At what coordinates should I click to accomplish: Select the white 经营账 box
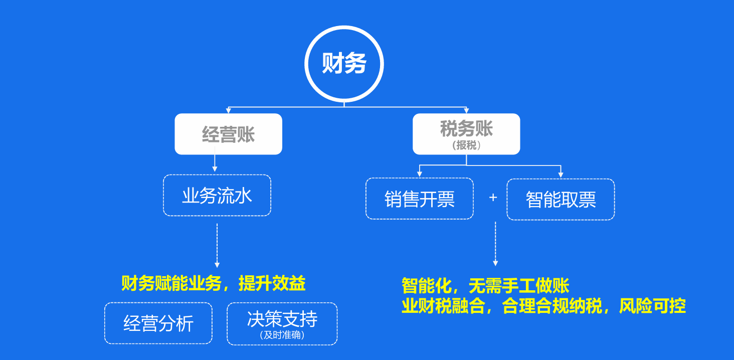[229, 134]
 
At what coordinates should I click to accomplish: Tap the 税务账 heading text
[466, 128]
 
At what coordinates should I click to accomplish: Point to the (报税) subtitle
[466, 145]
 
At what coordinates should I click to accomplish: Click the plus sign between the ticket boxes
[493, 197]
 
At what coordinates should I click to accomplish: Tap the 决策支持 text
[282, 319]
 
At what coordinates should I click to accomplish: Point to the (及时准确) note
[282, 335]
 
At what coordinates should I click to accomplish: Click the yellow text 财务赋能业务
[171, 283]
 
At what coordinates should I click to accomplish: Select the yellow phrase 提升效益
[272, 283]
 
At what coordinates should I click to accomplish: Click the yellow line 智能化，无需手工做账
[485, 286]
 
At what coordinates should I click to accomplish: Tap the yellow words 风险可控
[652, 306]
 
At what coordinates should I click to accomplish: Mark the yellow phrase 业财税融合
[443, 306]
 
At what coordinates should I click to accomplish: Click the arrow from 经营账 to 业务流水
[215, 159]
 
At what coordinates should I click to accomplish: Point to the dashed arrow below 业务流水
[217, 246]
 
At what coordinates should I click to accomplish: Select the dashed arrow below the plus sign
[495, 244]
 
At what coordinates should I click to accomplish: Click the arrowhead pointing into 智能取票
[561, 175]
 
